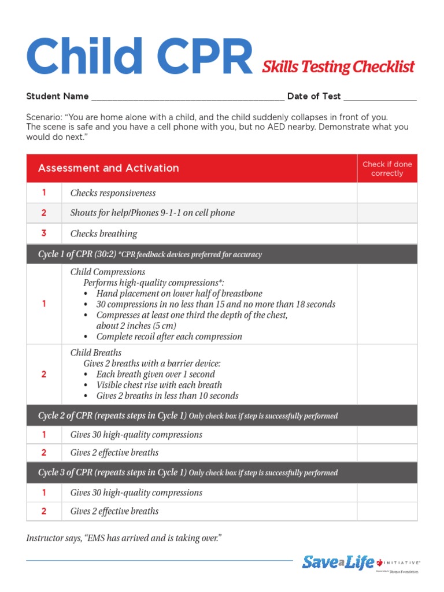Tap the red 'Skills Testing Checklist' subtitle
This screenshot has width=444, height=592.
(x=338, y=67)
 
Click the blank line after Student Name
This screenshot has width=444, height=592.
(x=188, y=98)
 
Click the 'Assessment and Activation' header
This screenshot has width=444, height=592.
(x=109, y=168)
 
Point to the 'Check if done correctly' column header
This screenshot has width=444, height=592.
(x=387, y=169)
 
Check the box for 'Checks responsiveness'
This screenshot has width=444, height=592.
(x=387, y=193)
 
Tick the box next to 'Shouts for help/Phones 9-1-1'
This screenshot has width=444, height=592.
(x=387, y=213)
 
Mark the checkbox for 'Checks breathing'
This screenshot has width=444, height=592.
(x=387, y=234)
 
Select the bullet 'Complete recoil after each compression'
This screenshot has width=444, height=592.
(x=169, y=336)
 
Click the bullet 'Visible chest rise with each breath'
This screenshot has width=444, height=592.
(x=159, y=385)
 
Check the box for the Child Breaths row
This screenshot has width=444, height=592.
(x=387, y=374)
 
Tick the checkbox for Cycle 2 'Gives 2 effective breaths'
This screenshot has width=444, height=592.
(x=387, y=453)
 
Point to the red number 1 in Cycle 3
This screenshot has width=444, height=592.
(x=44, y=493)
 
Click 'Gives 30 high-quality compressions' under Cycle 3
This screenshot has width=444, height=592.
(x=136, y=493)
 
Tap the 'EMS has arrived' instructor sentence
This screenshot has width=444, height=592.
(x=124, y=538)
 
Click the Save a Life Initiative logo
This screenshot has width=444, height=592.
(x=360, y=562)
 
